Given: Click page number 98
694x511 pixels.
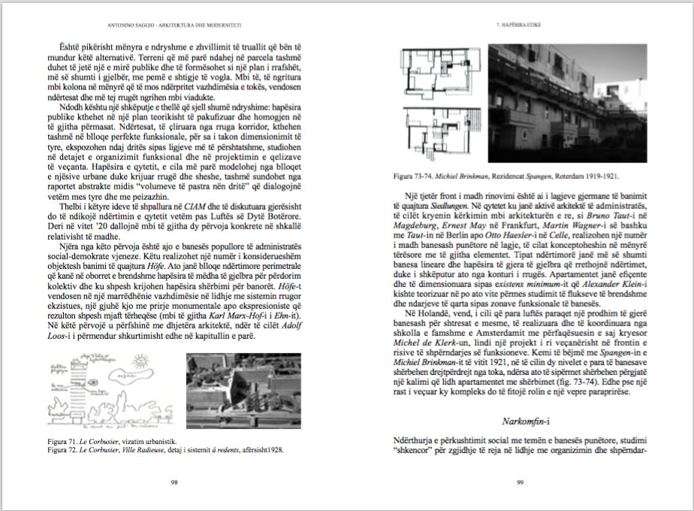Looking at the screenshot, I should tap(173, 482).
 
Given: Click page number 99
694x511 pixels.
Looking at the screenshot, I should tap(520, 482).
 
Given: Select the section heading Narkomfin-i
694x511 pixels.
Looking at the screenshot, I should tap(527, 421).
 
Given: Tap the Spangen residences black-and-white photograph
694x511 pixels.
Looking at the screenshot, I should tap(569, 104).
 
